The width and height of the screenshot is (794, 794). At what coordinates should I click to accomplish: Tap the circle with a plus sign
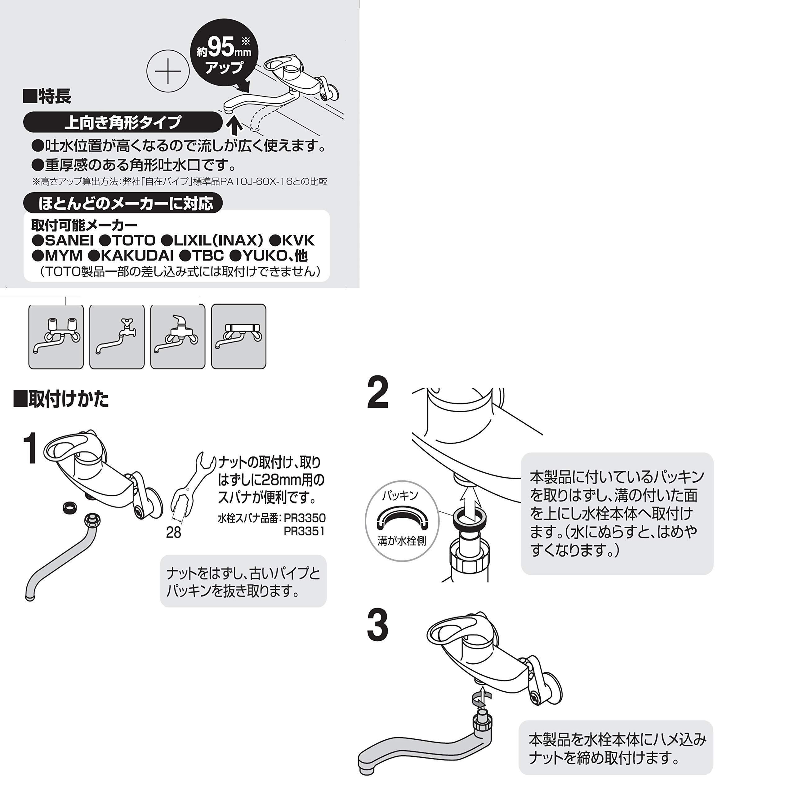168,72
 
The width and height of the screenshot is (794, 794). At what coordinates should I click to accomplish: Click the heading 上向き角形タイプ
123,122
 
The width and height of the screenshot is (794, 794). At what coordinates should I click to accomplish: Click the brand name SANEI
69,240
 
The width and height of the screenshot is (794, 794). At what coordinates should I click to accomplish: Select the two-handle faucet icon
56,337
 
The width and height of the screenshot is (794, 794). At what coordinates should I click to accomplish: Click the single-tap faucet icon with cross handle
117,337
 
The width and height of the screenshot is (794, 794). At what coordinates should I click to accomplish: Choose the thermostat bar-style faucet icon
239,337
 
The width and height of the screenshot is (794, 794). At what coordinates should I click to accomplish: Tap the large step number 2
377,393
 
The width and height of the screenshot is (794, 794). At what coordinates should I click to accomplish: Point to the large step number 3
377,626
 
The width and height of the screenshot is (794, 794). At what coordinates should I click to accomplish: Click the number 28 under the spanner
173,533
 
